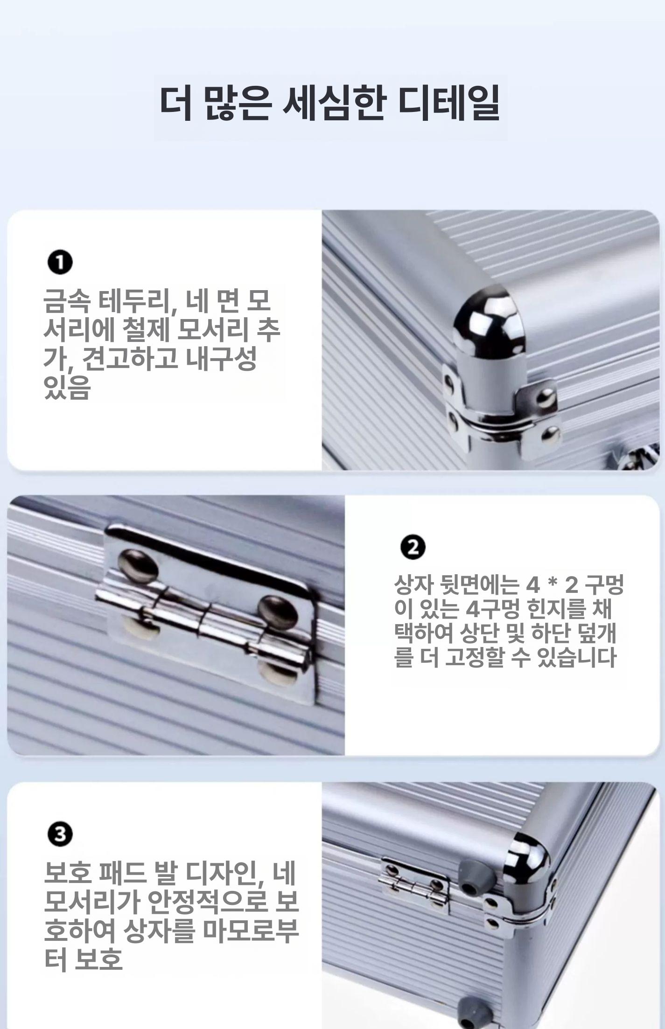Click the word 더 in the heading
pyautogui.click(x=176, y=103)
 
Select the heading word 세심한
pyautogui.click(x=334, y=103)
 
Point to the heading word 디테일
pyautogui.click(x=448, y=103)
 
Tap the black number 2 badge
pyautogui.click(x=413, y=547)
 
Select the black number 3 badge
pyautogui.click(x=60, y=834)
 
